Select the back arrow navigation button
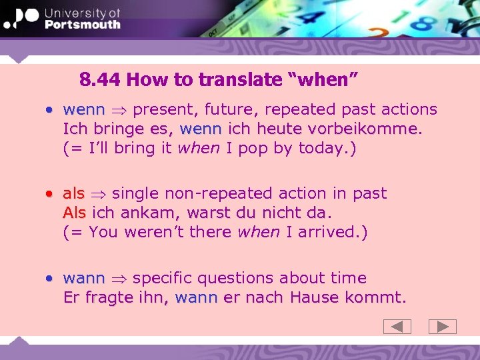click(397, 327)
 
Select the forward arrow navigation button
click(442, 327)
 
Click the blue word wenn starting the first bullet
click(84, 109)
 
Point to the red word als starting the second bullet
click(73, 193)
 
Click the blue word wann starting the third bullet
click(84, 277)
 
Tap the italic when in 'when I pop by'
click(198, 147)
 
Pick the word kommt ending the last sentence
click(378, 297)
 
